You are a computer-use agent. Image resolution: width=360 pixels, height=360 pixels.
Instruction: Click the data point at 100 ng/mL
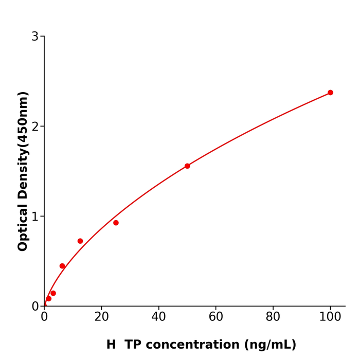(x=330, y=93)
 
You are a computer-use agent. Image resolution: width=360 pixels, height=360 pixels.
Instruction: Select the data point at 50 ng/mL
(x=187, y=166)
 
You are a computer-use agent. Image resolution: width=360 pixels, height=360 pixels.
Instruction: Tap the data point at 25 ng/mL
(x=116, y=223)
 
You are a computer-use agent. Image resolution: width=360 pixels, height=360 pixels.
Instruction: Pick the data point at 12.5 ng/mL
(x=80, y=241)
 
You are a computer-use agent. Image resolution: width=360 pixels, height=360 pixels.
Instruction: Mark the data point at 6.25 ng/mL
(x=62, y=266)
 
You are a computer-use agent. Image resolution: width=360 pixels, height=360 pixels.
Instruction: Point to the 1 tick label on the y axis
(x=35, y=217)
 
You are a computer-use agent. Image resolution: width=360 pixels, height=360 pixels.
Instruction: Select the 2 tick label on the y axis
(x=35, y=127)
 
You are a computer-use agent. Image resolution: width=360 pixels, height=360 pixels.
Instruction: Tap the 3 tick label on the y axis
(x=35, y=37)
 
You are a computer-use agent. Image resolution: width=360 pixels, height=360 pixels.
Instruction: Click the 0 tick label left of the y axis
(x=35, y=307)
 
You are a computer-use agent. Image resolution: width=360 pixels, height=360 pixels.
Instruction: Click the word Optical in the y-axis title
(x=23, y=227)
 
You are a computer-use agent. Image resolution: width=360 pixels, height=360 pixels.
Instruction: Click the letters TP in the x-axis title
(x=133, y=345)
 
